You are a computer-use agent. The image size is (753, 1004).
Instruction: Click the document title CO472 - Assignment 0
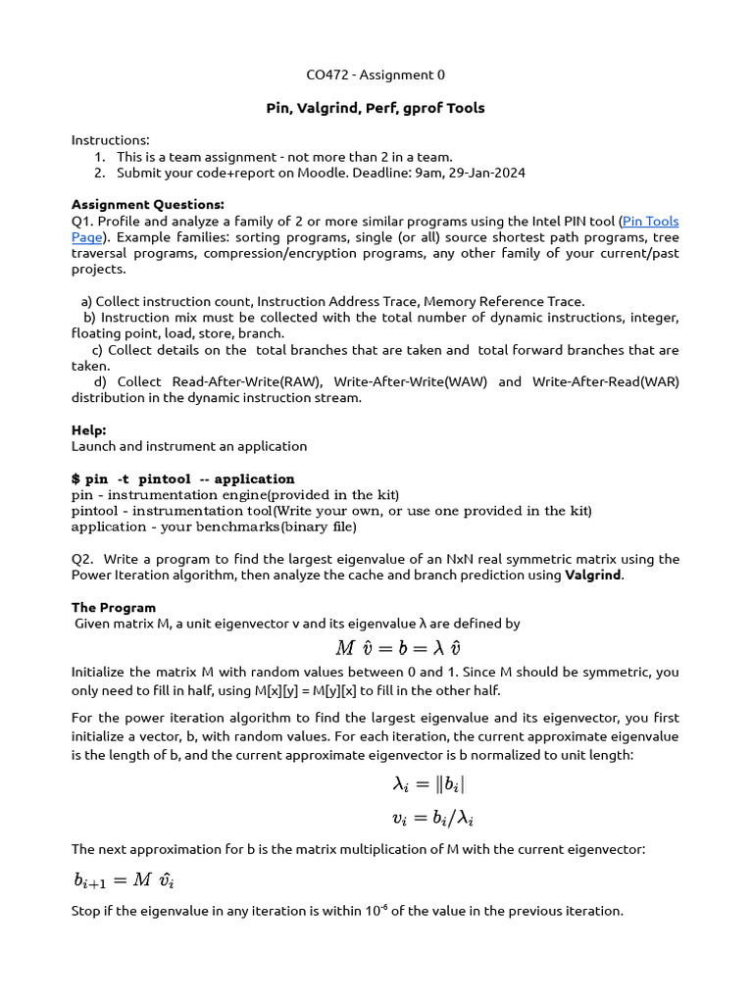pos(376,75)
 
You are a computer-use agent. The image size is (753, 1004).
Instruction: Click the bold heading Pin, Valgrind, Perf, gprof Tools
pos(376,108)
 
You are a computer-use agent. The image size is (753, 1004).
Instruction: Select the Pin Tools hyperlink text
pos(650,222)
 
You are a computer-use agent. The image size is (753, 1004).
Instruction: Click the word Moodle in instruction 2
pos(284,173)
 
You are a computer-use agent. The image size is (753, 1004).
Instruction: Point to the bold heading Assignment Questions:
pos(148,205)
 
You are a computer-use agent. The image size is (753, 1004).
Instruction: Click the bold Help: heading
pos(89,429)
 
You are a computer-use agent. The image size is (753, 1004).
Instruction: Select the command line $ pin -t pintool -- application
pos(183,478)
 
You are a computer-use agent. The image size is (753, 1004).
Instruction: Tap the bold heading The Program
pos(114,607)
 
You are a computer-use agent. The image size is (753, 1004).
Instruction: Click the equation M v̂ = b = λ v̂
pos(398,647)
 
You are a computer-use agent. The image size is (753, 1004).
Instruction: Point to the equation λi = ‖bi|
pos(422,784)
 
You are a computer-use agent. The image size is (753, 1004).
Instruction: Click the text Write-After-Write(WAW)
pos(410,381)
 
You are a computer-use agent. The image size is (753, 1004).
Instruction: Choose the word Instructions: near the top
pos(111,140)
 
